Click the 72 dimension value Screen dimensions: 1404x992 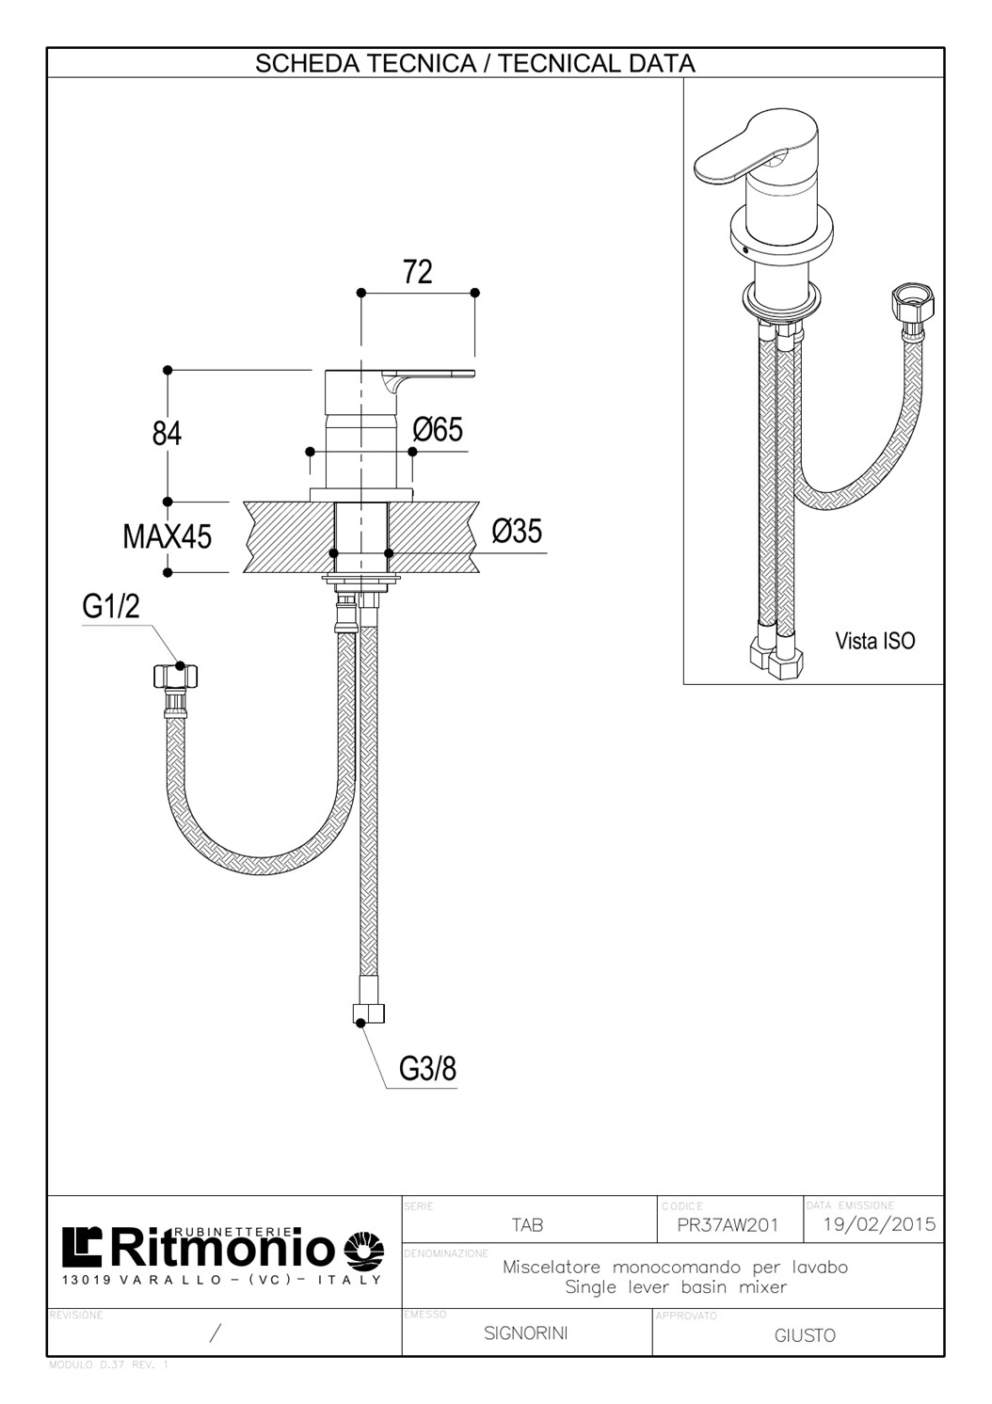pos(418,272)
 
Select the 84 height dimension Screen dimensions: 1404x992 pos(168,434)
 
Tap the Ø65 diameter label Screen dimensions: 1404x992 pos(439,430)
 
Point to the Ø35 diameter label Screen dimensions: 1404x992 pos(517,532)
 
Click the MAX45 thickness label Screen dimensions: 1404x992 pos(168,537)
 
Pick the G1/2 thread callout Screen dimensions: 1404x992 pos(111,607)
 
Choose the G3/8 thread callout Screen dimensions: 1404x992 pos(427,1069)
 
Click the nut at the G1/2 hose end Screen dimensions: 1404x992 pos(175,675)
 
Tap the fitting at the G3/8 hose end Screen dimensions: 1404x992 pos(368,1015)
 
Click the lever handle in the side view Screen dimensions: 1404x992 pos(428,380)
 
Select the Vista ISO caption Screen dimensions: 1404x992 pos(874,641)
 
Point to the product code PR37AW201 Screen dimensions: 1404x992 pos(728,1225)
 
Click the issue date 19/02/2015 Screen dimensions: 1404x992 pos(879,1224)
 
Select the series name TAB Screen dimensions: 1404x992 pos(527,1225)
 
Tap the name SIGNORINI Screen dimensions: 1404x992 pos(525,1333)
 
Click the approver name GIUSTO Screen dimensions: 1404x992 pos(805,1335)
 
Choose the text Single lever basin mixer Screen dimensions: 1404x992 pos(675,1287)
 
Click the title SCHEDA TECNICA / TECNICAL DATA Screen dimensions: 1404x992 pos(475,64)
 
